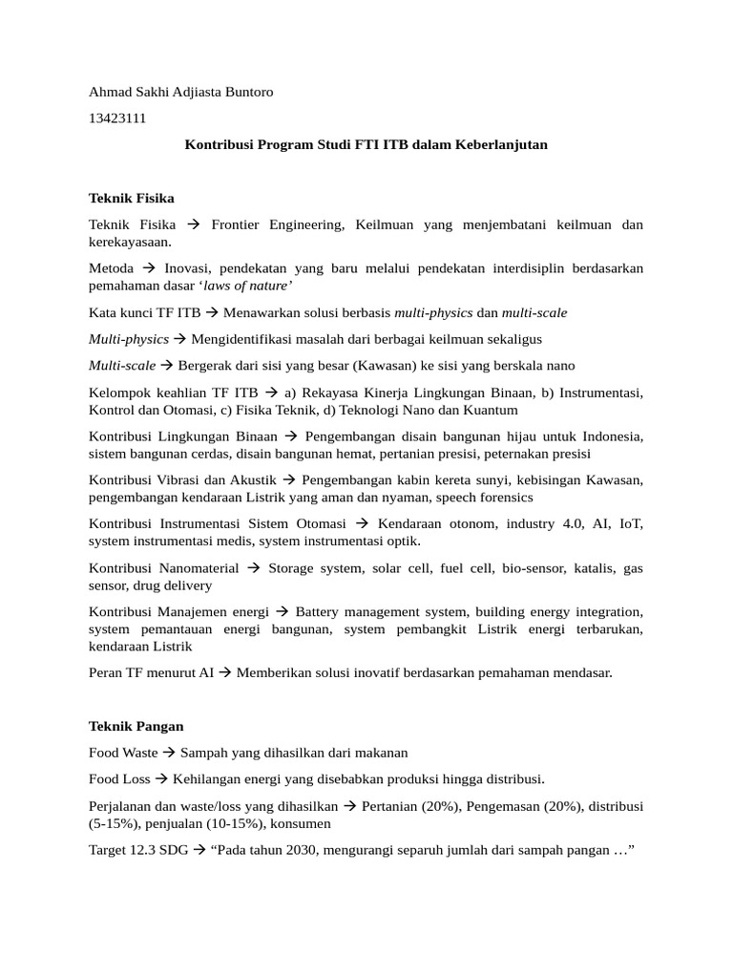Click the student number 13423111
pos(117,118)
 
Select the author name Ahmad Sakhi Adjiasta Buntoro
pos(180,92)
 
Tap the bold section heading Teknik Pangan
pos(136,726)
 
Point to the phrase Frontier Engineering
pos(277,224)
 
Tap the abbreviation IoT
pos(631,523)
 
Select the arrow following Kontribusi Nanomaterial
pos(253,567)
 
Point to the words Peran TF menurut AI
pos(151,672)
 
